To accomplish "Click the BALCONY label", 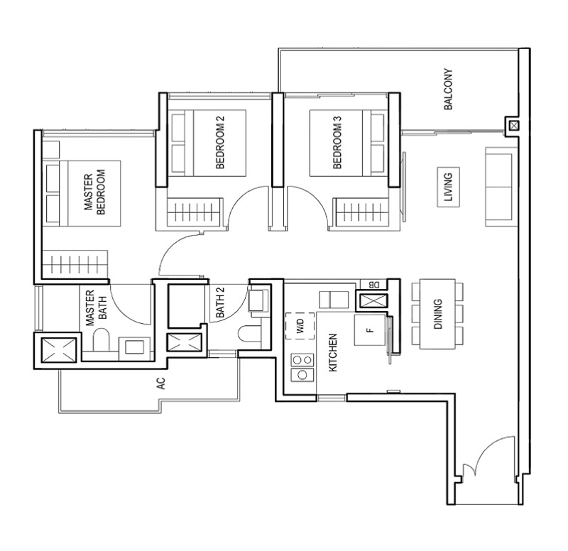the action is click(x=448, y=89).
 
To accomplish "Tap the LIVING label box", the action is click(x=449, y=187).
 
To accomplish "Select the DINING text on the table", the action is click(x=437, y=314).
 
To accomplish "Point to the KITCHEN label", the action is click(x=332, y=352).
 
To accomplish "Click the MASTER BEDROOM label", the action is click(x=94, y=192).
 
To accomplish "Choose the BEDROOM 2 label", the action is click(x=220, y=143).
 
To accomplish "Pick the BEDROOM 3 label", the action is click(x=337, y=143).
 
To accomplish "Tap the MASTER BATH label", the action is click(x=96, y=307).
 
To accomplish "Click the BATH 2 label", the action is click(x=220, y=302).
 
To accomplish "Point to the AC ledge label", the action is click(x=161, y=383).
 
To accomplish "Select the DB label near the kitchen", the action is click(x=374, y=285).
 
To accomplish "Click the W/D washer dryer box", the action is click(x=300, y=326).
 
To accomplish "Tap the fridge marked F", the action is click(x=370, y=330).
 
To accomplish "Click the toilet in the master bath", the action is click(x=101, y=340).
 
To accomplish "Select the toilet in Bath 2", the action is click(x=250, y=333).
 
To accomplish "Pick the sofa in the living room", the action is click(x=499, y=187).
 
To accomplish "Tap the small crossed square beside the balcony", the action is click(x=513, y=126).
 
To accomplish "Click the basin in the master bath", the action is click(x=134, y=347).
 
